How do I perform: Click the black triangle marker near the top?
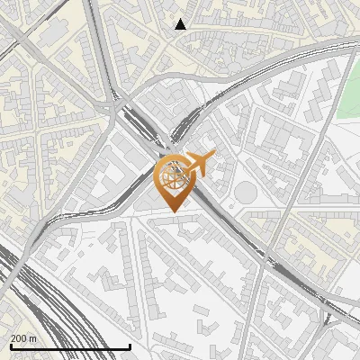point(181,24)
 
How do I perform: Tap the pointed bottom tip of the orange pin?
point(173,211)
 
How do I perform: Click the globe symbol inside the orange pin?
point(172,176)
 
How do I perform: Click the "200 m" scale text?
point(24,338)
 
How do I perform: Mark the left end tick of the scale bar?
point(10,346)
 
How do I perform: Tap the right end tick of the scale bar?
point(130,346)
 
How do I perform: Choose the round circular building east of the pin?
point(246,192)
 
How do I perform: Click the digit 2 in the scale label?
point(13,338)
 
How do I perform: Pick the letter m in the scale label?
point(34,338)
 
